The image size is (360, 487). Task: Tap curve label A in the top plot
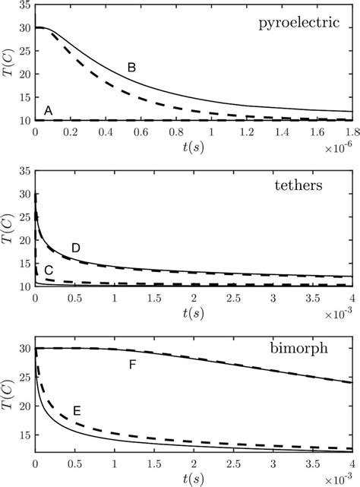(x=49, y=111)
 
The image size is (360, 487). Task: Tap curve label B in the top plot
(x=131, y=68)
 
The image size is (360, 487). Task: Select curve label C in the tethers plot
(x=49, y=270)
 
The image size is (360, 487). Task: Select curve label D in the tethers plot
(x=75, y=248)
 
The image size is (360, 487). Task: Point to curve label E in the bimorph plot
(x=77, y=411)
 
